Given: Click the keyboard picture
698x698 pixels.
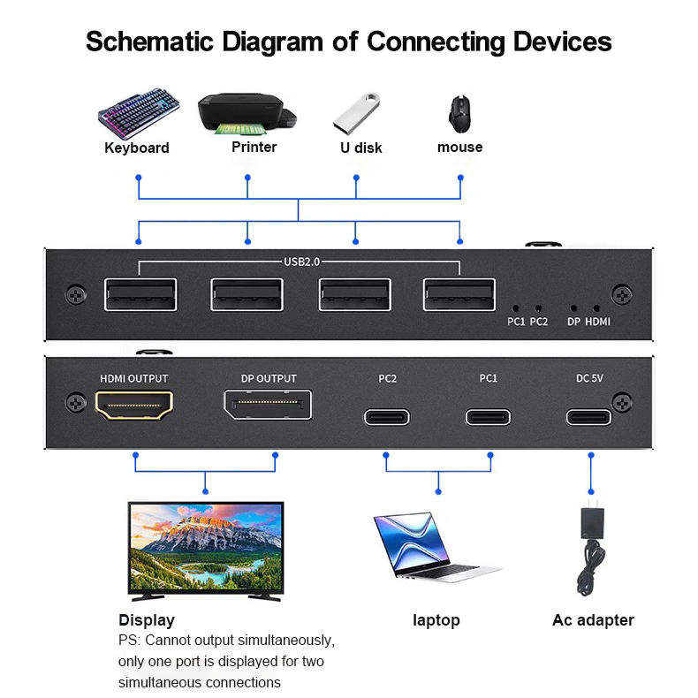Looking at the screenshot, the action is tap(139, 114).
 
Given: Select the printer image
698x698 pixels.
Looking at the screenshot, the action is tap(247, 114).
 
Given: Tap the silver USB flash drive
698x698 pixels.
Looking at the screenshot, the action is tap(357, 113).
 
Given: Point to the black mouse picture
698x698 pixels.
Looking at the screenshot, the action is tap(459, 114).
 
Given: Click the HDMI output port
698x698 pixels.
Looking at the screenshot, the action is tap(134, 405).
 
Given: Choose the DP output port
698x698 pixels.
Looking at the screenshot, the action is tap(268, 405).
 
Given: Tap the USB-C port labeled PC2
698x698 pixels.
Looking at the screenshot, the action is tap(387, 417).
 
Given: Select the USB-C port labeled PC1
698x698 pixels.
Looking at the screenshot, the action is tap(488, 417).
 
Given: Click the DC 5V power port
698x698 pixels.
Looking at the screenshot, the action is tap(588, 417).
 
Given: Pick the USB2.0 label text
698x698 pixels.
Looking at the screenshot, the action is tap(302, 262).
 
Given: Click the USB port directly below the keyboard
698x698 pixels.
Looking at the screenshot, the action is tap(140, 294).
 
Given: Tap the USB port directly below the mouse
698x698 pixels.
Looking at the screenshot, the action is tap(459, 294).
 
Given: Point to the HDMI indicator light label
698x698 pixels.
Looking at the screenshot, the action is tap(597, 322).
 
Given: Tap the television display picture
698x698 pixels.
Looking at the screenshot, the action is tap(206, 551).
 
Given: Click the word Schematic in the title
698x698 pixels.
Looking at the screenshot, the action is tap(149, 42).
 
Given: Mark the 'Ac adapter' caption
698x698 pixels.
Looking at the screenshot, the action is tap(593, 620).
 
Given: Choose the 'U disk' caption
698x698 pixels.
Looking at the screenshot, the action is tap(361, 148).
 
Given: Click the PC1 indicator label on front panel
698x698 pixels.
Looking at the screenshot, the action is tap(516, 322).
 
